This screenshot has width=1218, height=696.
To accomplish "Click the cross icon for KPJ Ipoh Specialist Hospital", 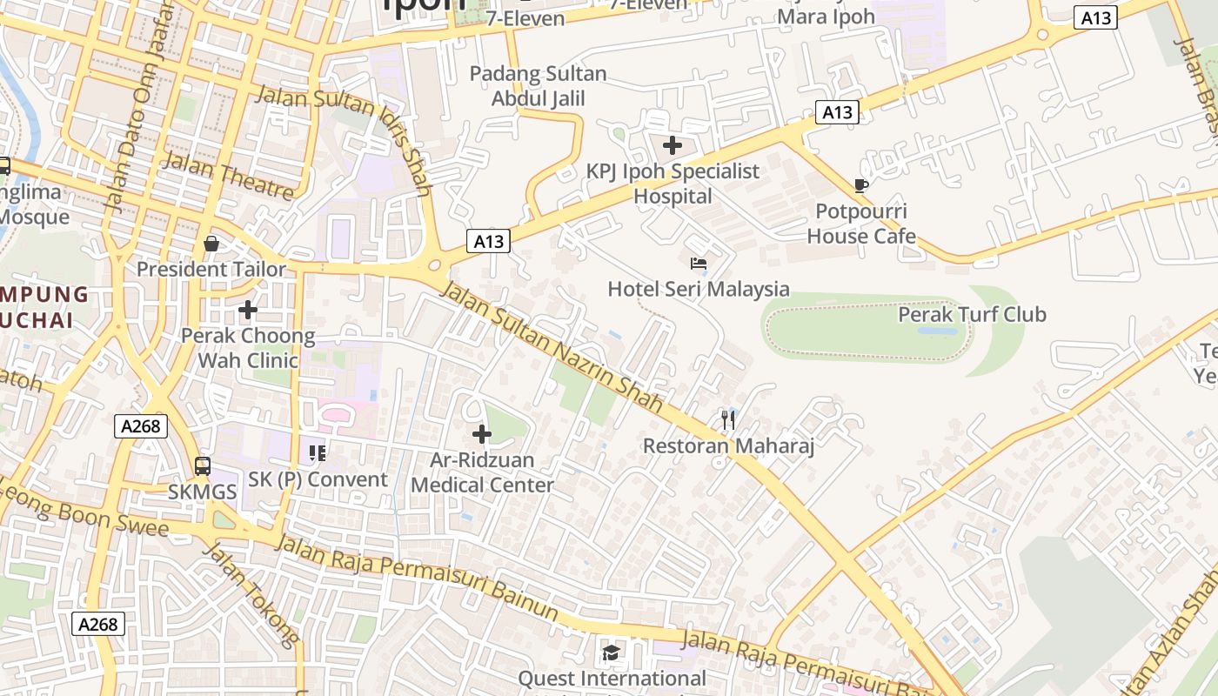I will (x=673, y=145).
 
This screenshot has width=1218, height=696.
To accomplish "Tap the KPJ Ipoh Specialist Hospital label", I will (x=673, y=184).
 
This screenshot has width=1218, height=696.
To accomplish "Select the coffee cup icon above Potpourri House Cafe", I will (x=861, y=185).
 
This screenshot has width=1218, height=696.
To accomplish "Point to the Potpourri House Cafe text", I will (x=861, y=224).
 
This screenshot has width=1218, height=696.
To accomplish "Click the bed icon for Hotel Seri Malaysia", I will (x=698, y=264).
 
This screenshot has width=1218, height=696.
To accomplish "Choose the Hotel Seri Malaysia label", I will (x=699, y=289).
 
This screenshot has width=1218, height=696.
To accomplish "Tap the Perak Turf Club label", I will (x=972, y=314).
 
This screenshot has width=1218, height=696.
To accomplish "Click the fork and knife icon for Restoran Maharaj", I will (x=728, y=421).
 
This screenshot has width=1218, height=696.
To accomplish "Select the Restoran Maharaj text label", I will (x=728, y=446).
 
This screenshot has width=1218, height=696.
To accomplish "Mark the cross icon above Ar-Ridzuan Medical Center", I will (x=481, y=434).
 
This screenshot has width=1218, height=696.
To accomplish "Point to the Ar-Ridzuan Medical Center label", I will (x=482, y=472).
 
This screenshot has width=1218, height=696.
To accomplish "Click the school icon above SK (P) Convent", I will (x=318, y=453).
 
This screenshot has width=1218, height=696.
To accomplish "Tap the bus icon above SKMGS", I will (x=203, y=466).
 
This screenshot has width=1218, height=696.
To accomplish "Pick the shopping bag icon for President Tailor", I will (x=211, y=244).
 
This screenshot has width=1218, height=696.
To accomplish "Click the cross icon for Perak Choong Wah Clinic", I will (x=248, y=310).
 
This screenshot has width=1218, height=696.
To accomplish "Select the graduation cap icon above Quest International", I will (x=612, y=652).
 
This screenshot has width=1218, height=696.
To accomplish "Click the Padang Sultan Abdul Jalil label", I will (x=538, y=86).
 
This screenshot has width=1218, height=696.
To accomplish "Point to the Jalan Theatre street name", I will (x=228, y=175).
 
